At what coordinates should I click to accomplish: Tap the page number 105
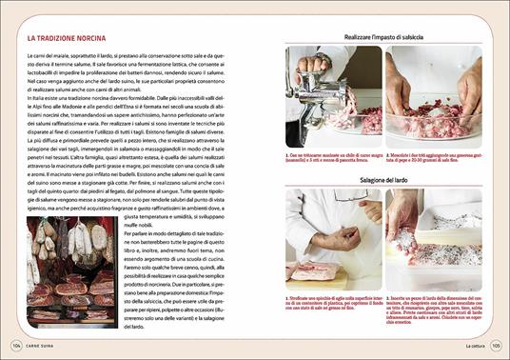tap(495, 346)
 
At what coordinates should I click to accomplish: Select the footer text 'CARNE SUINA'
tap(48, 346)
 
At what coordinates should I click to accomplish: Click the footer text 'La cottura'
tap(467, 346)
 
